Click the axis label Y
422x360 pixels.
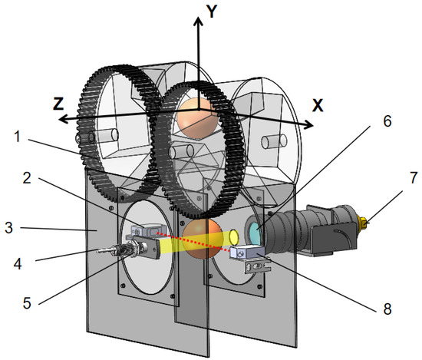(x=212, y=12)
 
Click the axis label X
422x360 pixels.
(x=318, y=105)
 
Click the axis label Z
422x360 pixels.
(x=58, y=104)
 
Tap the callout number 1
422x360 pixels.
(x=17, y=136)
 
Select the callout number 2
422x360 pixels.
(x=27, y=178)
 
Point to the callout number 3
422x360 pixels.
(x=9, y=227)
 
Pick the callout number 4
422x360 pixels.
(x=18, y=264)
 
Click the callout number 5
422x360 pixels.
(x=27, y=303)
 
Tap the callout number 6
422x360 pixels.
(x=387, y=121)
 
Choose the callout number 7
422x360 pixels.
(x=414, y=178)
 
